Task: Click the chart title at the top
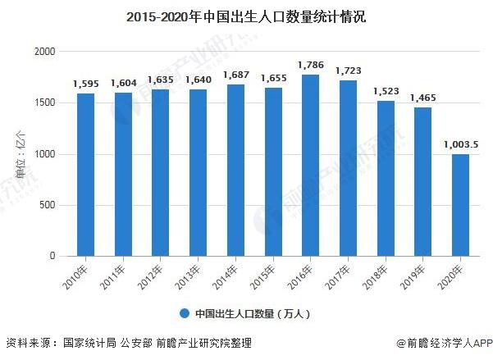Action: [x=246, y=16]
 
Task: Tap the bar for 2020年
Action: [x=459, y=205]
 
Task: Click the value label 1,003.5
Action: [x=460, y=144]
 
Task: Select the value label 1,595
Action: [x=86, y=84]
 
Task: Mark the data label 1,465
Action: [x=422, y=98]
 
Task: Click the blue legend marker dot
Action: [x=185, y=313]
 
